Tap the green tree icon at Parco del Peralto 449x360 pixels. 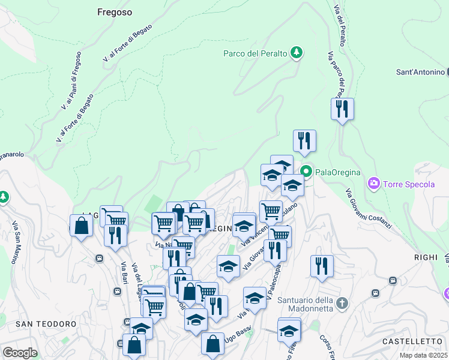tap(296, 53)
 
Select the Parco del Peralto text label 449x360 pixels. tap(255, 53)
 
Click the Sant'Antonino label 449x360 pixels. tap(420, 72)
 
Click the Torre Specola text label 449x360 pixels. tap(409, 184)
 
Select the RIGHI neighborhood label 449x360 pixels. tap(426, 257)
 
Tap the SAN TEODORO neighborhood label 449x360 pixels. tap(46, 324)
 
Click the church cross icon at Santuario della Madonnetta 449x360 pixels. tap(342, 302)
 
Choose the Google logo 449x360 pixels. tap(19, 353)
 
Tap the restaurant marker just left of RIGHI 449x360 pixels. tap(322, 266)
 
